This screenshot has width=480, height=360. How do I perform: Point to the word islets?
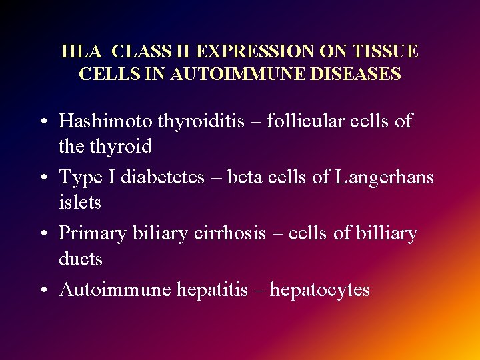click(x=80, y=202)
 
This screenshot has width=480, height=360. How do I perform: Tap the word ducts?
click(x=81, y=259)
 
